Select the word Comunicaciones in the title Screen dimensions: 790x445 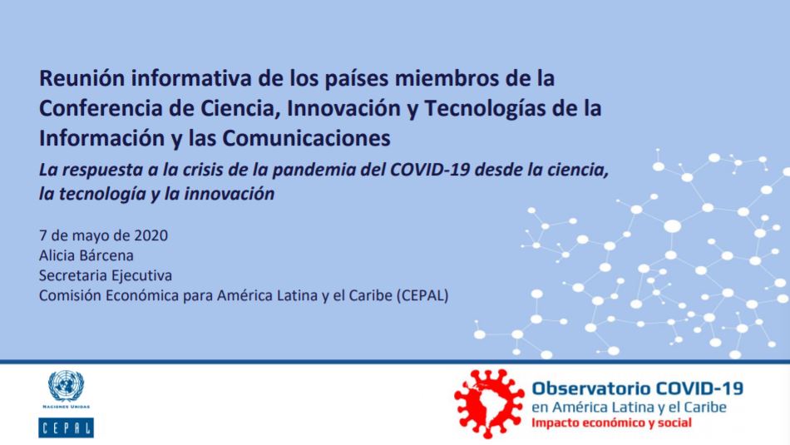pyautogui.click(x=306, y=138)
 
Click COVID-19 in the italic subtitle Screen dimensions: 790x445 pyautogui.click(x=430, y=170)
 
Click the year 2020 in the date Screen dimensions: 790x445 pyautogui.click(x=151, y=235)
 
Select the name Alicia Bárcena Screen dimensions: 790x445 pyautogui.click(x=86, y=255)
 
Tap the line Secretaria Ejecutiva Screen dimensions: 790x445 pyautogui.click(x=106, y=275)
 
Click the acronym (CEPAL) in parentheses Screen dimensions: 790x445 pyautogui.click(x=422, y=295)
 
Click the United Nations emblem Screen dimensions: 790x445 pyautogui.click(x=66, y=386)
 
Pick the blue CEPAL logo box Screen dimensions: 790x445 pyautogui.click(x=66, y=428)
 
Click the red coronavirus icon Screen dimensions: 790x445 pyautogui.click(x=489, y=403)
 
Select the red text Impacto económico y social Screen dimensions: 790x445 pyautogui.click(x=612, y=423)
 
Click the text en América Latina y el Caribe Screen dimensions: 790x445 pyautogui.click(x=630, y=407)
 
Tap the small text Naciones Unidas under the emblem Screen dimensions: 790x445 pyautogui.click(x=66, y=407)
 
